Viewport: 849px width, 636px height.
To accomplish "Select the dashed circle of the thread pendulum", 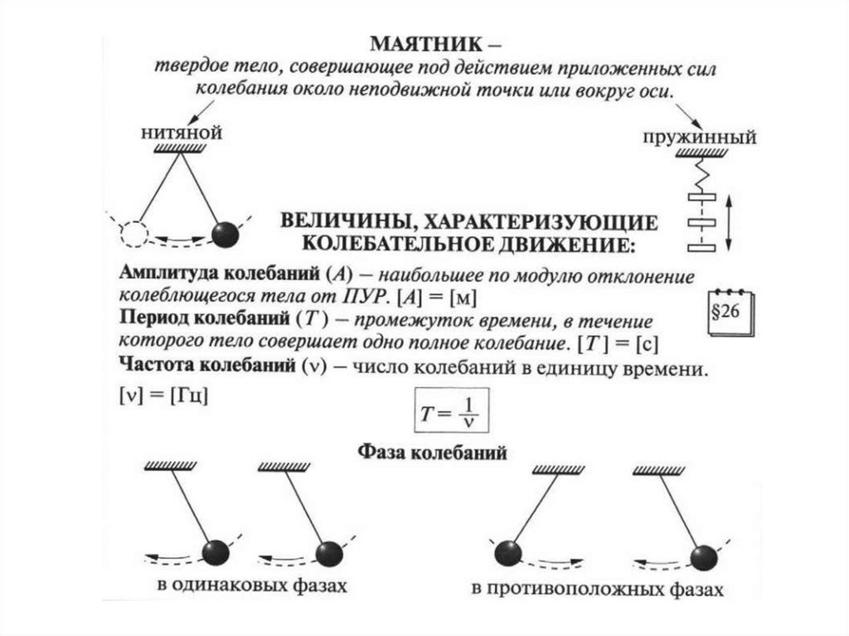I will [x=133, y=235].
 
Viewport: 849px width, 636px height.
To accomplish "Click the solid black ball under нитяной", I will [x=225, y=235].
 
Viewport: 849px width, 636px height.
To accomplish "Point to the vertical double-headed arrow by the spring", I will [x=728, y=220].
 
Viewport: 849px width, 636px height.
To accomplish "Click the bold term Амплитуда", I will [x=168, y=273].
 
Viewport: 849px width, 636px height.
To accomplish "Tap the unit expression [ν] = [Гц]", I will [x=163, y=396].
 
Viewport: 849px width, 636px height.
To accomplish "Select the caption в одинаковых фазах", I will [x=250, y=585].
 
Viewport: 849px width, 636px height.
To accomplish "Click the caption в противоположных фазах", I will [x=597, y=590].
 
